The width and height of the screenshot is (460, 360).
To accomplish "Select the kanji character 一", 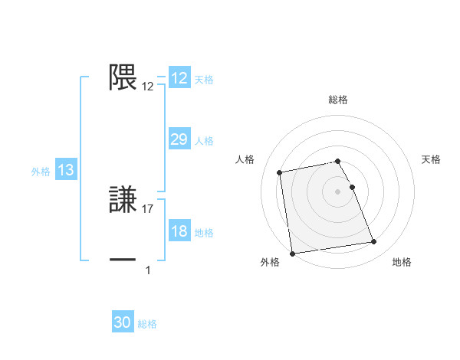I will (123, 260).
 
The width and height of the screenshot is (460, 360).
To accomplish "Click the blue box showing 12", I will (179, 78).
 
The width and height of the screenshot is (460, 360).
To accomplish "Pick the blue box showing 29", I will (179, 139).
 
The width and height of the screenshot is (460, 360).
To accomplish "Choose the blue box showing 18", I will (179, 231).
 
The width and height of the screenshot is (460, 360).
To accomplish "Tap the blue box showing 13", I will (66, 170).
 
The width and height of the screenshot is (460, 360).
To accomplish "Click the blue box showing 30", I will (123, 322).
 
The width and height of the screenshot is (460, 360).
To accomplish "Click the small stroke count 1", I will (148, 270).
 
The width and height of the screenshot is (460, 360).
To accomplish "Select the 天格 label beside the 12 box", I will (204, 80).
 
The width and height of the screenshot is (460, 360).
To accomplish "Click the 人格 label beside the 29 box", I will (204, 141).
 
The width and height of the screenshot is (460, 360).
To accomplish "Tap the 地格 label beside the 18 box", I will (204, 233).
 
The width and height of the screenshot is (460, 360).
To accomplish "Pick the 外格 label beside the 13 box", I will (41, 172).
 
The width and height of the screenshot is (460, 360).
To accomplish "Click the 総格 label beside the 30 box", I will (147, 324).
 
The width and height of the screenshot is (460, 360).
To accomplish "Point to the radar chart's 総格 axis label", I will (338, 100).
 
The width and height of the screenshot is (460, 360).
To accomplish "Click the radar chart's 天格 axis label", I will (431, 159).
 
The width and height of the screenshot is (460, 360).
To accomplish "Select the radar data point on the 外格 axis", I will (292, 253).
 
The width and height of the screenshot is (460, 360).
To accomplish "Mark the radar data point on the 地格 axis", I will (373, 242).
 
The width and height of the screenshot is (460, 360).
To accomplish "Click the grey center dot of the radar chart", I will (338, 191).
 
